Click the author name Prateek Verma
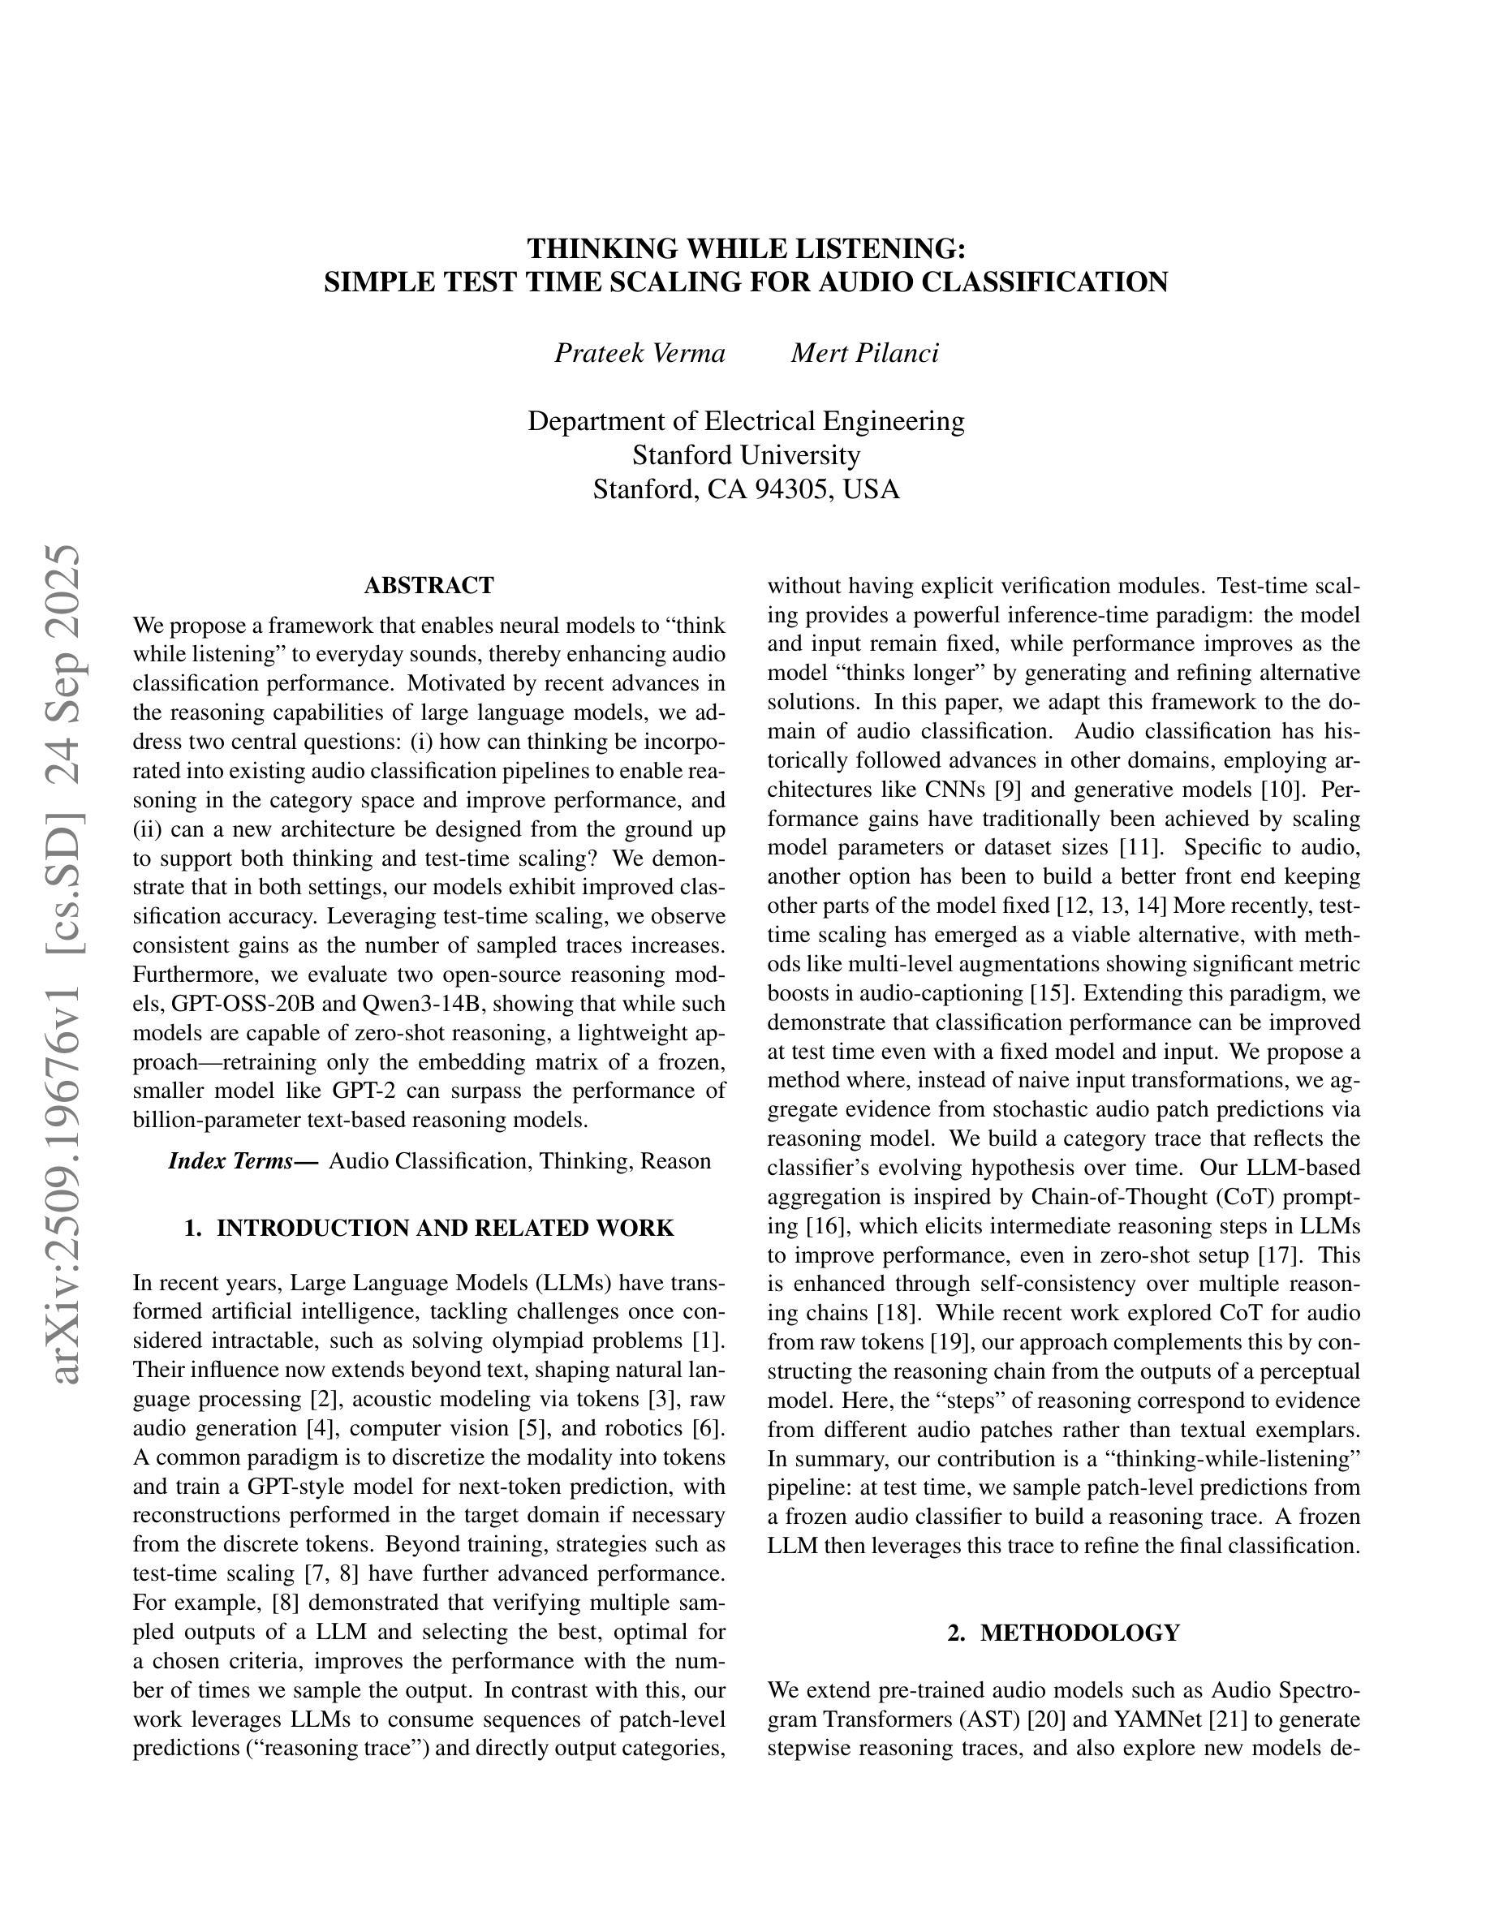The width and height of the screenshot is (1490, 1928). (639, 353)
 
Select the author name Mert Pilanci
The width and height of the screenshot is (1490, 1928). (864, 353)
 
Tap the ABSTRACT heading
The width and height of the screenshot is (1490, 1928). (428, 585)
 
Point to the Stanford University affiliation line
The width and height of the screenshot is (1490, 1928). (746, 454)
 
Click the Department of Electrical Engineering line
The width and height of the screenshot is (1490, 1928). (746, 420)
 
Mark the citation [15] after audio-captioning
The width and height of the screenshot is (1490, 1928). (1050, 993)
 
